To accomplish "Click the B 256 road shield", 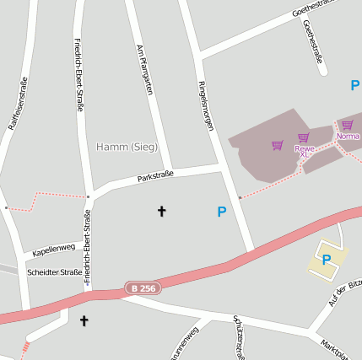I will point(143,288).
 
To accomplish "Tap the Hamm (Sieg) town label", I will point(127,147).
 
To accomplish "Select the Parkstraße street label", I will point(155,177).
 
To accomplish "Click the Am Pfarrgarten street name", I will point(144,69).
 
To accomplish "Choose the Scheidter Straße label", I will point(55,272).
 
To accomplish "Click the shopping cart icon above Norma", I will point(347,125).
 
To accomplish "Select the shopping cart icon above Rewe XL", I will point(303,137).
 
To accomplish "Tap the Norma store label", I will point(348,136).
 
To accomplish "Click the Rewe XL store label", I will point(305,152).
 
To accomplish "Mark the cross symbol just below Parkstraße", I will point(162,211).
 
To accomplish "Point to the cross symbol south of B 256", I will point(84,320).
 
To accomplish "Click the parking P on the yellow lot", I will point(326,260).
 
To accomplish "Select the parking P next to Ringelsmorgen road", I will point(221,212).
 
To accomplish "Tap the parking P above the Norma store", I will point(354,85).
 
